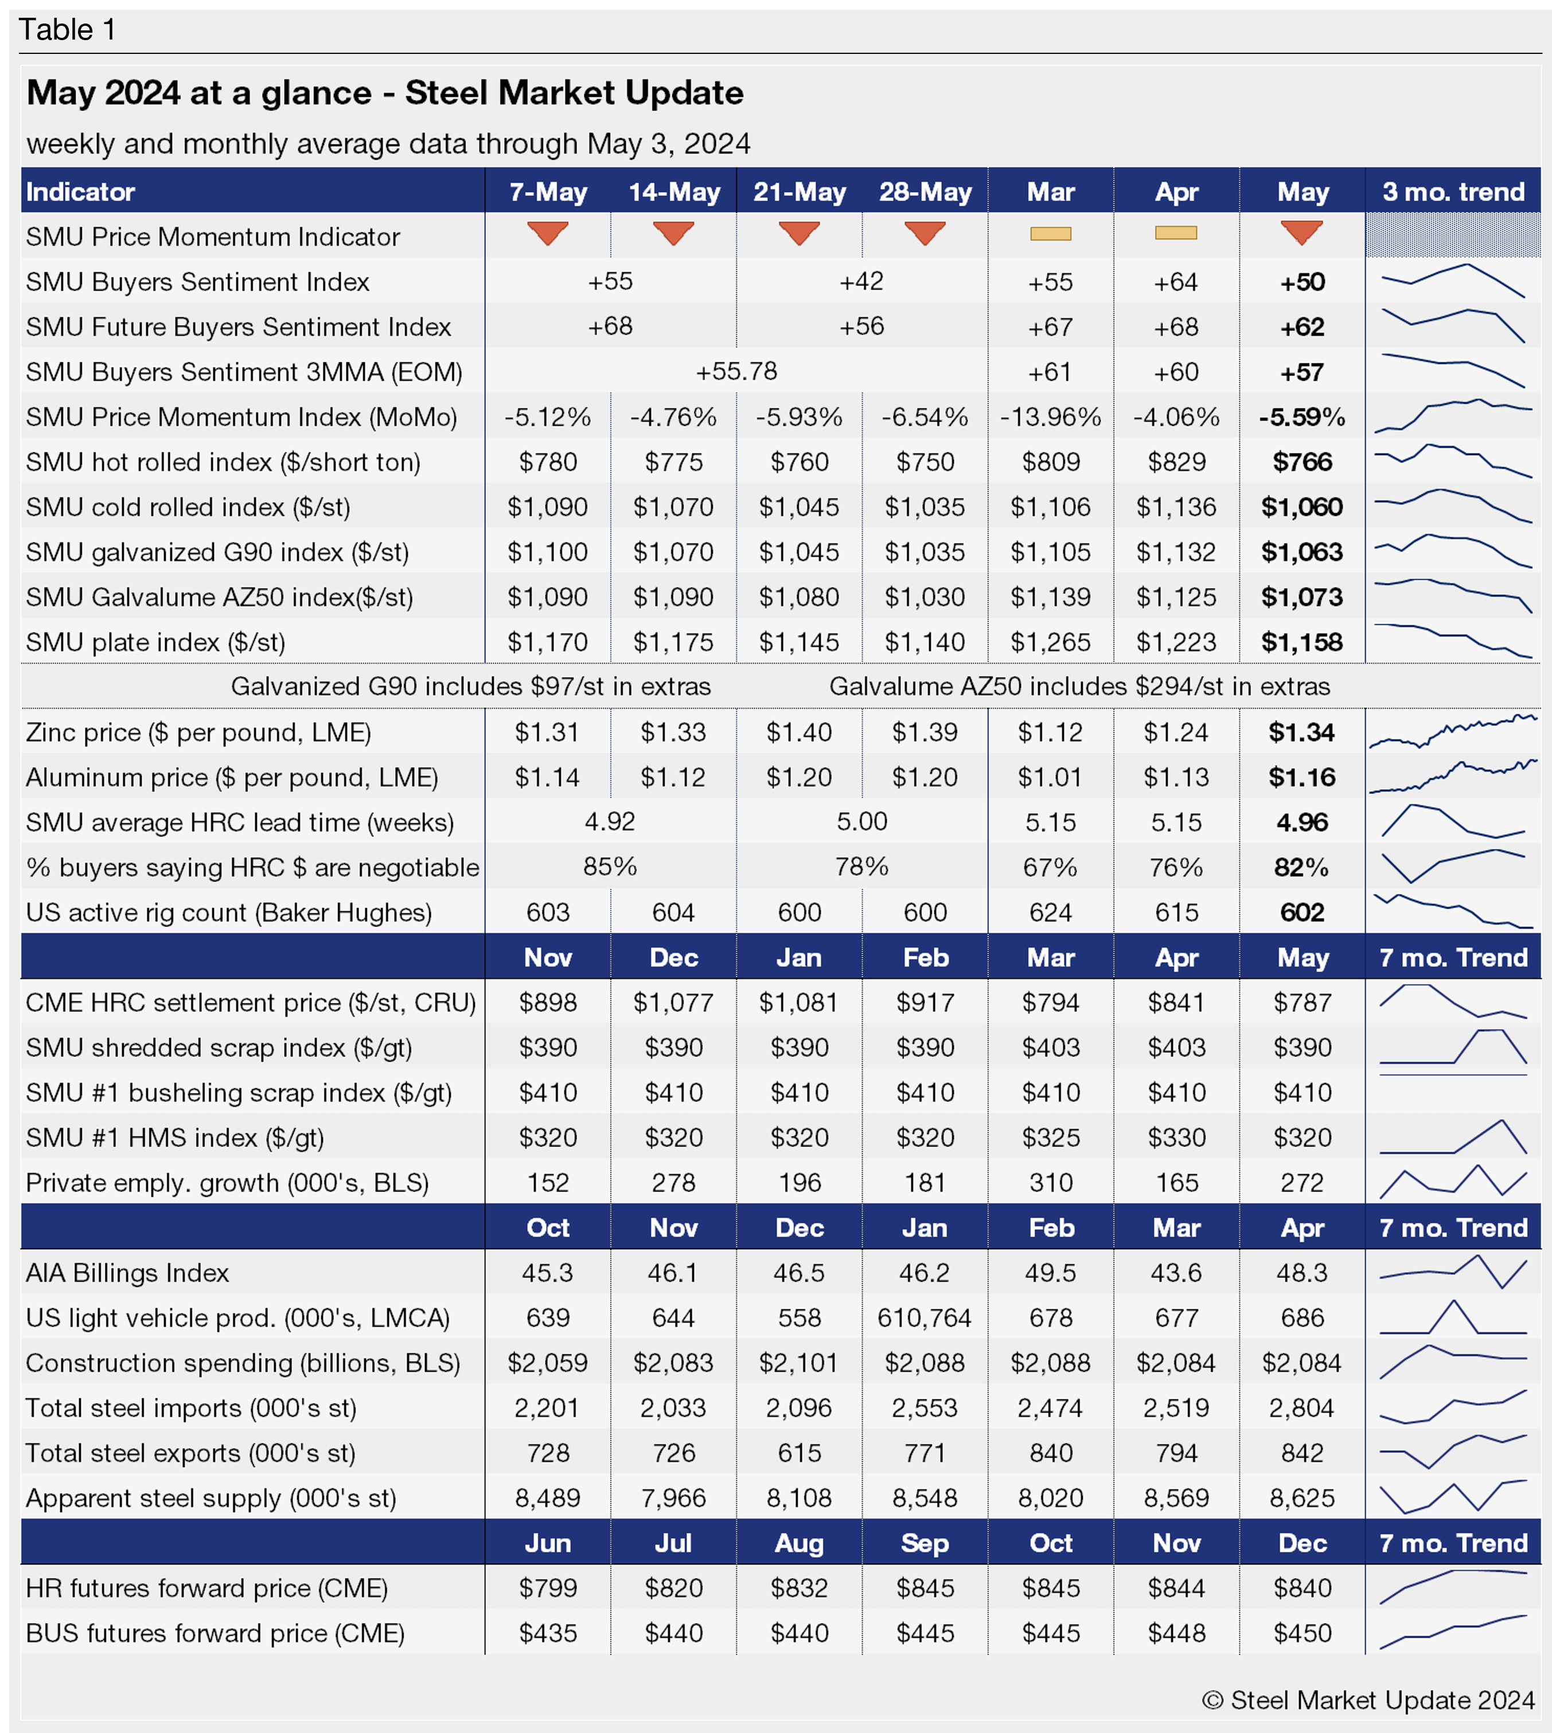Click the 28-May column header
[925, 192]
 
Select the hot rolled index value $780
[548, 462]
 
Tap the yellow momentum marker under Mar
[1051, 233]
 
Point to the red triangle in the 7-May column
[548, 232]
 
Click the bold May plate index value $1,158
[1302, 642]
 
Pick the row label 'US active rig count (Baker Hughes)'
[228, 912]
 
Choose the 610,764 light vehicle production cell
[925, 1318]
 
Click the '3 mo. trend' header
[1453, 192]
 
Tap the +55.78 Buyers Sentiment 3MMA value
[737, 371]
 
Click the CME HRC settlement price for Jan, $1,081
[799, 1003]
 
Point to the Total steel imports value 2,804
[1302, 1408]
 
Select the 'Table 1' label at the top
[67, 30]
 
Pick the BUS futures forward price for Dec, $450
[1302, 1633]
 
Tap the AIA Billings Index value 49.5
[1051, 1273]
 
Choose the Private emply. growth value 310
[1051, 1182]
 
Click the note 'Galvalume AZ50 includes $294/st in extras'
[1079, 686]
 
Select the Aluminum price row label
[232, 777]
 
